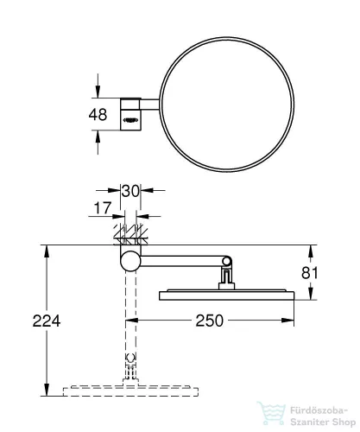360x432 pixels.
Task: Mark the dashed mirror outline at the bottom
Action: [x=130, y=391]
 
